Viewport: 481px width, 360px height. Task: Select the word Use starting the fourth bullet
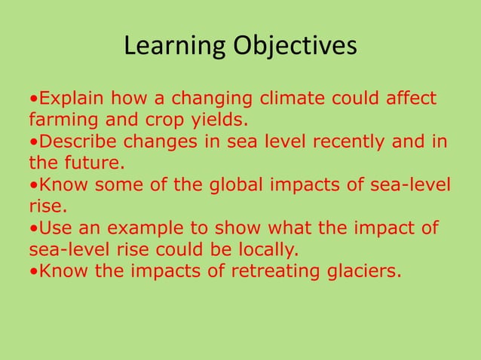pos(53,227)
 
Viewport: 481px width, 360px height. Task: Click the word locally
pos(265,249)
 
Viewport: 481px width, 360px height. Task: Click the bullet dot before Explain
pos(33,99)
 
